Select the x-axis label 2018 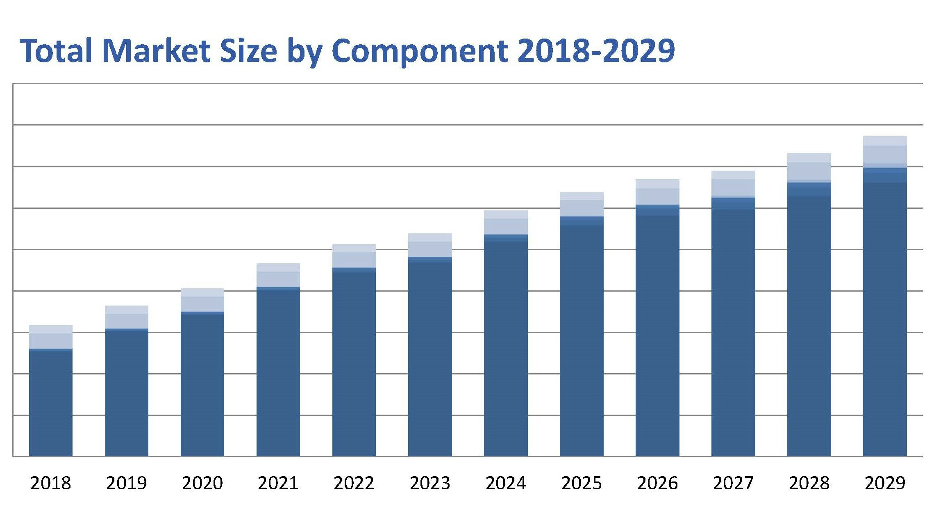pyautogui.click(x=51, y=483)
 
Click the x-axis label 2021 pyautogui.click(x=278, y=483)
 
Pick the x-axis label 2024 pyautogui.click(x=506, y=483)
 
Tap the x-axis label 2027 pyautogui.click(x=733, y=483)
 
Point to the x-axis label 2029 pyautogui.click(x=885, y=483)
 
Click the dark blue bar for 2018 pyautogui.click(x=51, y=404)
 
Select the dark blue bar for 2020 pyautogui.click(x=202, y=386)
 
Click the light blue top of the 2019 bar pyautogui.click(x=127, y=317)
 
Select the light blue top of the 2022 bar pyautogui.click(x=354, y=256)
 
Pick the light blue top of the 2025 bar pyautogui.click(x=582, y=204)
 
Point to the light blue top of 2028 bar pyautogui.click(x=809, y=167)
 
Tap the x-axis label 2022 pyautogui.click(x=354, y=483)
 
